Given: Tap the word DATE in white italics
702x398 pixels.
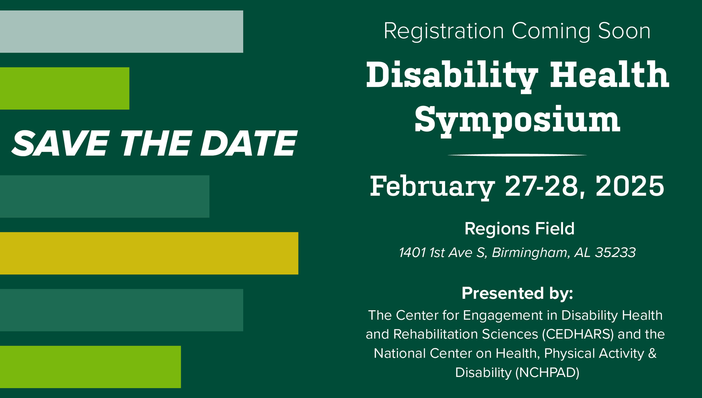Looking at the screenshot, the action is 249,143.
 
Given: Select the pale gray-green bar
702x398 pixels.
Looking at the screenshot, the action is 121,32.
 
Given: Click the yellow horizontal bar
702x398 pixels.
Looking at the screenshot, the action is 149,253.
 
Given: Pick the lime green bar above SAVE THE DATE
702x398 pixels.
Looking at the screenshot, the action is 65,88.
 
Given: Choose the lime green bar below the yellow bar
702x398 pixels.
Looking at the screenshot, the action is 90,367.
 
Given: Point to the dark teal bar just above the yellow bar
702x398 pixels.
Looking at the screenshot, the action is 105,196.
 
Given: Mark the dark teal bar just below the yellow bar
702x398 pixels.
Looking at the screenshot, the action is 121,310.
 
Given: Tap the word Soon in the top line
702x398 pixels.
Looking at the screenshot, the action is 624,31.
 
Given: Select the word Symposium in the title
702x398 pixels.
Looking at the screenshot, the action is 517,121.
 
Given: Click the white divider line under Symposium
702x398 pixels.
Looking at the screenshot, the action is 517,155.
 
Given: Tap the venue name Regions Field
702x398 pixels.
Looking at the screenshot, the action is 519,229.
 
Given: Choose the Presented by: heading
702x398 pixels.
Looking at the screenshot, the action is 517,293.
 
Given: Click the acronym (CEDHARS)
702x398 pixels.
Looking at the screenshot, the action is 578,334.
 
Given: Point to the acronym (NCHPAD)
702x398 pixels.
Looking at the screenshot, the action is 547,372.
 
